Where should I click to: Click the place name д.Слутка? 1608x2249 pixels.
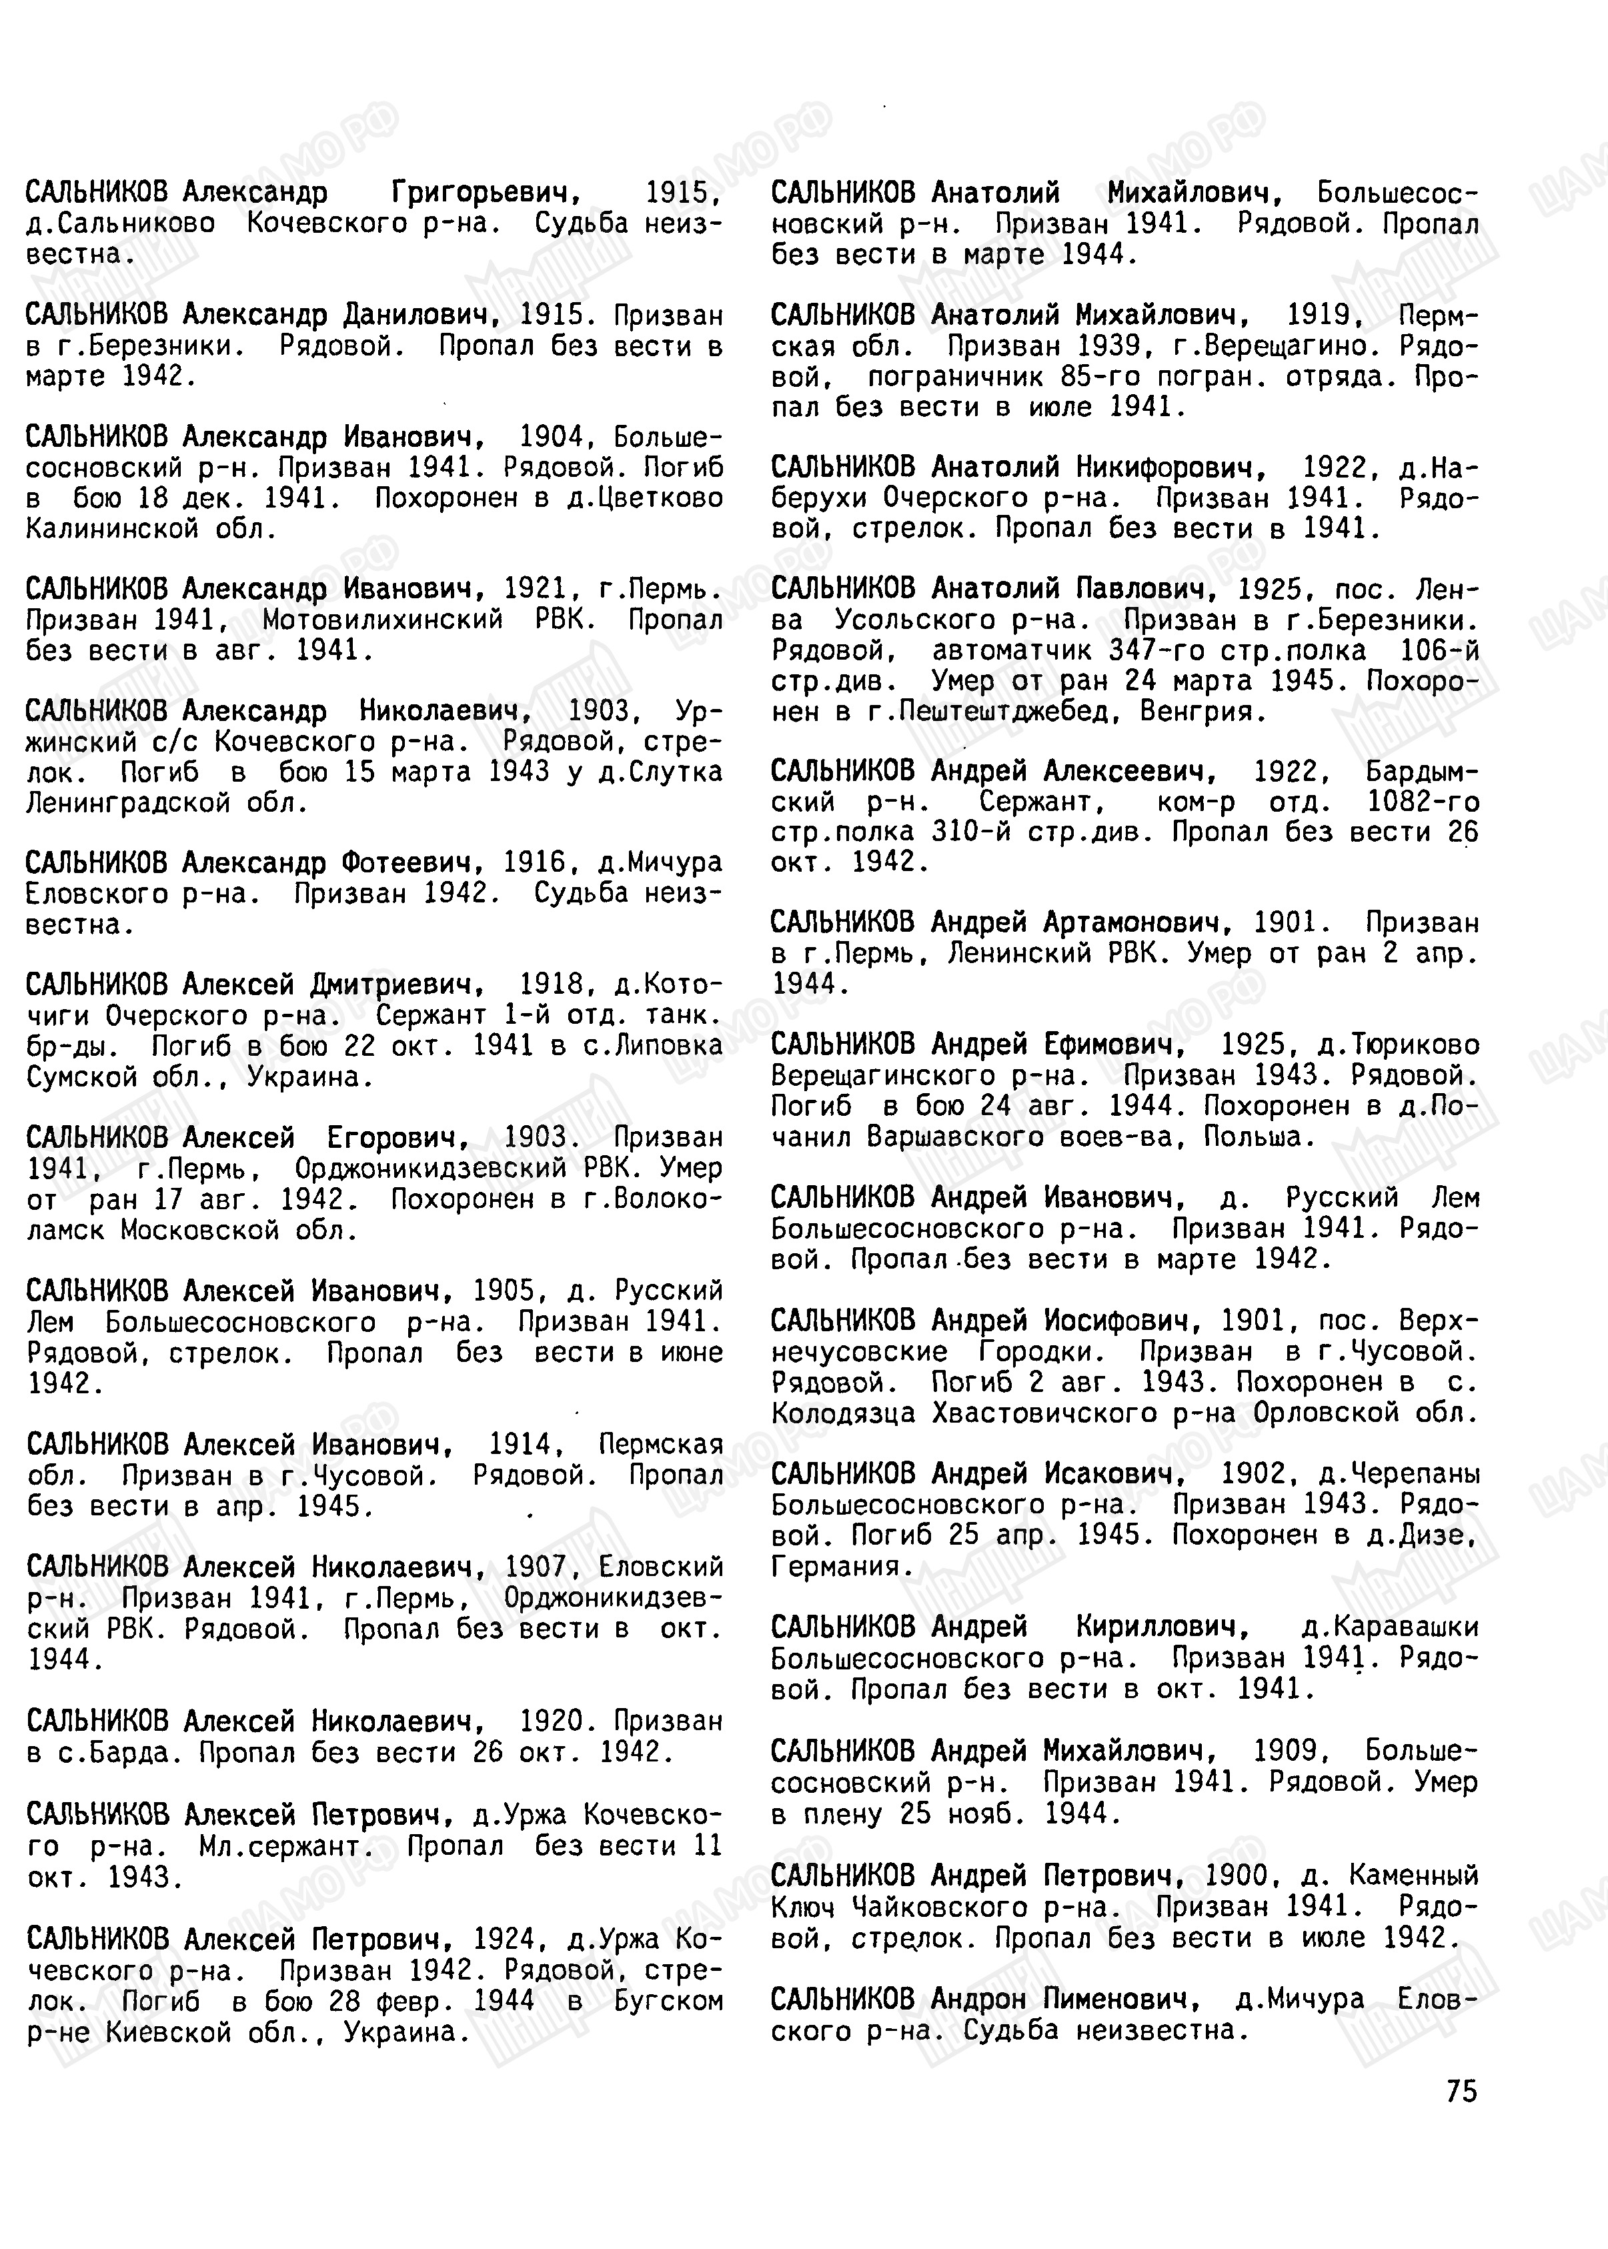pos(660,772)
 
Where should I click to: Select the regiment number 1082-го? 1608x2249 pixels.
pos(1423,802)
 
